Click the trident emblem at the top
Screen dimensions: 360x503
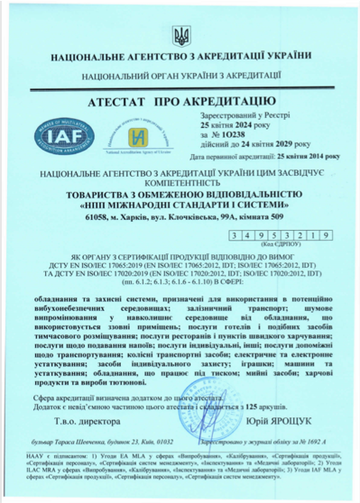pyautogui.click(x=180, y=36)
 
